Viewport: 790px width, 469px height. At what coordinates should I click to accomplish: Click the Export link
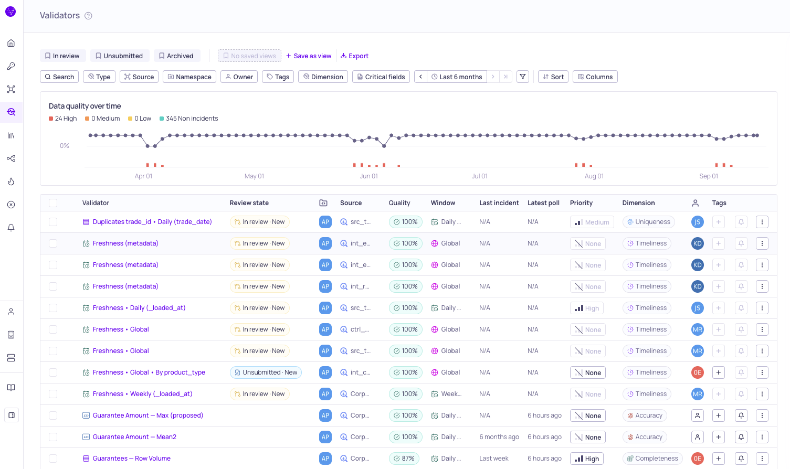point(354,56)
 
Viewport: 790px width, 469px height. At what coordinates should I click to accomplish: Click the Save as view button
point(309,56)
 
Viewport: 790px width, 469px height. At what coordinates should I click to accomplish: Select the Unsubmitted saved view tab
point(120,56)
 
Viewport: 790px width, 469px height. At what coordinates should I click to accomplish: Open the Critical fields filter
point(381,77)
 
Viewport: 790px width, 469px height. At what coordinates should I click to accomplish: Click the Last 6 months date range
point(457,77)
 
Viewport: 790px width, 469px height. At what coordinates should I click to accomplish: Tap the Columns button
point(595,77)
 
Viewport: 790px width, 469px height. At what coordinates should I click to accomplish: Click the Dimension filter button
point(323,77)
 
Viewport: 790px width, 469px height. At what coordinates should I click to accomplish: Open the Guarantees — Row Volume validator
point(132,459)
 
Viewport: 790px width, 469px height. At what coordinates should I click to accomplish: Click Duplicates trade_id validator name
point(152,222)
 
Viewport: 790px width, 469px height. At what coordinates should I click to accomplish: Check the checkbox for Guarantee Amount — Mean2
point(53,437)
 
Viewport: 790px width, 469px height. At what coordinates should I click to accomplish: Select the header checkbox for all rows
point(53,203)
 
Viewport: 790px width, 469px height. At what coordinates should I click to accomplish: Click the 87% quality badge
point(404,459)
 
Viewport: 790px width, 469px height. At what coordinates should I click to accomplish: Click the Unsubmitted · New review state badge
point(266,372)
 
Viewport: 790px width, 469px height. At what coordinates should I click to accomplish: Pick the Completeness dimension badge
point(652,459)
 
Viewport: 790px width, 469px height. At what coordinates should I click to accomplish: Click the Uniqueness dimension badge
point(649,222)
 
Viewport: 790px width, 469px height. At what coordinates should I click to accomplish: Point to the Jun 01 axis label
point(368,176)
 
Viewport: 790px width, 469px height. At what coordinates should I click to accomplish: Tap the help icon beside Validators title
point(88,16)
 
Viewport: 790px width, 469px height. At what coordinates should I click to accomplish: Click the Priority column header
point(581,203)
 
